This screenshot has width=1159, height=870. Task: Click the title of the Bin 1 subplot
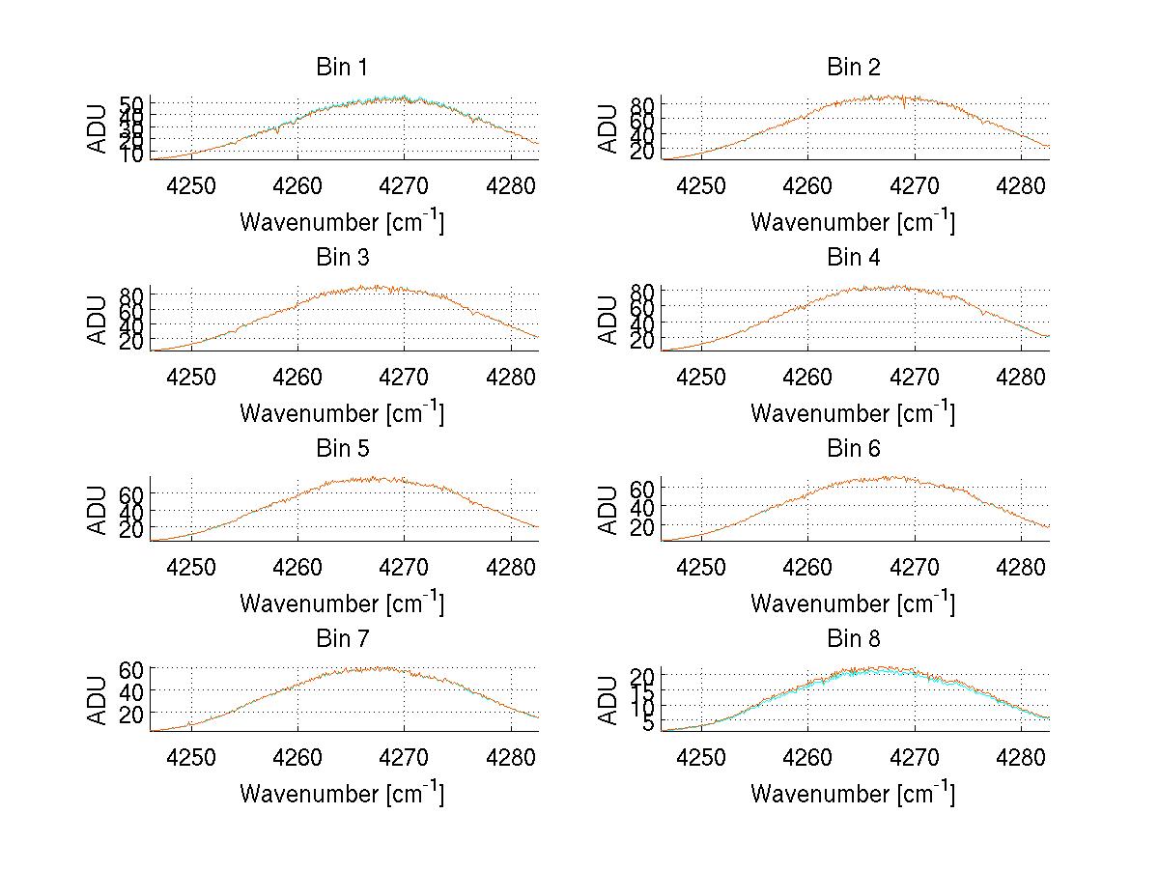[342, 68]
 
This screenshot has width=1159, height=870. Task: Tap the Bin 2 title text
[854, 68]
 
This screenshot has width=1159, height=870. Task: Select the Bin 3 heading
[342, 258]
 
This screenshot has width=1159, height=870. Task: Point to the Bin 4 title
[854, 258]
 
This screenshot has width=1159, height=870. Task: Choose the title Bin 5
[342, 449]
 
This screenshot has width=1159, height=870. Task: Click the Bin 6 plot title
[854, 449]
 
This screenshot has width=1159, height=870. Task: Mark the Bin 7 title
[342, 639]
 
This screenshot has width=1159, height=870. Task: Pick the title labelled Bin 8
[854, 639]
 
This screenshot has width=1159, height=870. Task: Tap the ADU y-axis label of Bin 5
[99, 510]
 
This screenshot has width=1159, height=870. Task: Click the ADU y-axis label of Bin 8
[608, 700]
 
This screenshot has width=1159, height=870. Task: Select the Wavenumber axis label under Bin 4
[853, 412]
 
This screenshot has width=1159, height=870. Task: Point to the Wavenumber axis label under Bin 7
[342, 794]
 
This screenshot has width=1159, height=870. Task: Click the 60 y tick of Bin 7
[131, 670]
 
